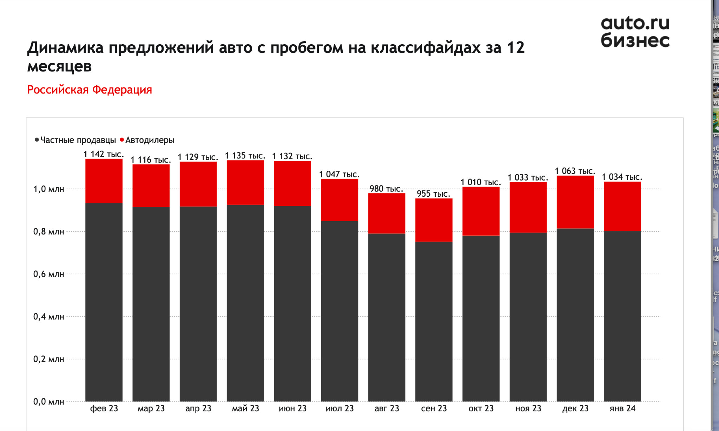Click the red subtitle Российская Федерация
(x=90, y=90)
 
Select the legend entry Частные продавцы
(x=78, y=140)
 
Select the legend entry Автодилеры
(x=150, y=140)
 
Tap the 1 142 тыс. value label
(x=104, y=154)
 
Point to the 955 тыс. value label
(x=433, y=194)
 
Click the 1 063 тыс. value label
(x=575, y=171)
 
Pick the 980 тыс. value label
(x=386, y=189)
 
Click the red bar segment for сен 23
(x=434, y=220)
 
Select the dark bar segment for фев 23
(x=104, y=302)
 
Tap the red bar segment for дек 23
(x=575, y=202)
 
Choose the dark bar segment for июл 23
(x=339, y=311)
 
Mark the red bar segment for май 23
(x=245, y=182)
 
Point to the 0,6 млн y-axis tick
(x=48, y=274)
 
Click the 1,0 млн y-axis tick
(x=48, y=189)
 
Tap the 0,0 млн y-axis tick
(x=48, y=401)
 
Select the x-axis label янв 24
(x=622, y=409)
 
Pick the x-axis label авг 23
(x=387, y=409)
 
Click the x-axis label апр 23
(x=198, y=409)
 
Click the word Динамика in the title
(x=65, y=48)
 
